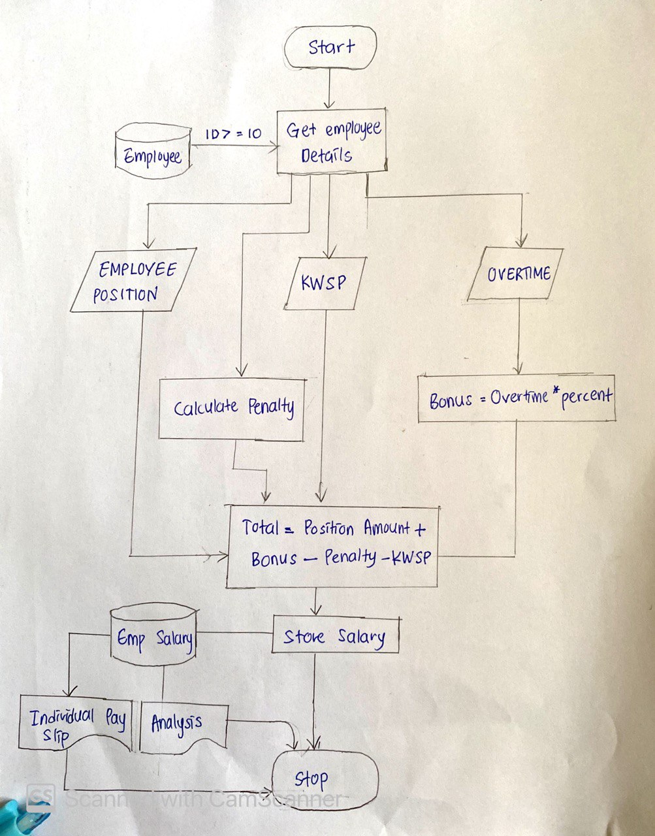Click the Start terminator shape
click(330, 48)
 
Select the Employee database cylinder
click(153, 151)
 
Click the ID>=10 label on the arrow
click(233, 133)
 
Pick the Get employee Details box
click(332, 141)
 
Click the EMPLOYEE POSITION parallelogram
click(133, 280)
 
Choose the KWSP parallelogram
click(325, 283)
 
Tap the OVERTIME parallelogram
click(515, 274)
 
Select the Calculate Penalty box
click(232, 410)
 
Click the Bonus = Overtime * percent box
click(517, 398)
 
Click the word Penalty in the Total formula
click(350, 558)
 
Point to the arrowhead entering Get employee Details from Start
click(329, 104)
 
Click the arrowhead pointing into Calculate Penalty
click(241, 371)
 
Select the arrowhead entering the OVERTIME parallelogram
click(521, 242)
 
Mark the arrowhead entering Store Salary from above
click(316, 609)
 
